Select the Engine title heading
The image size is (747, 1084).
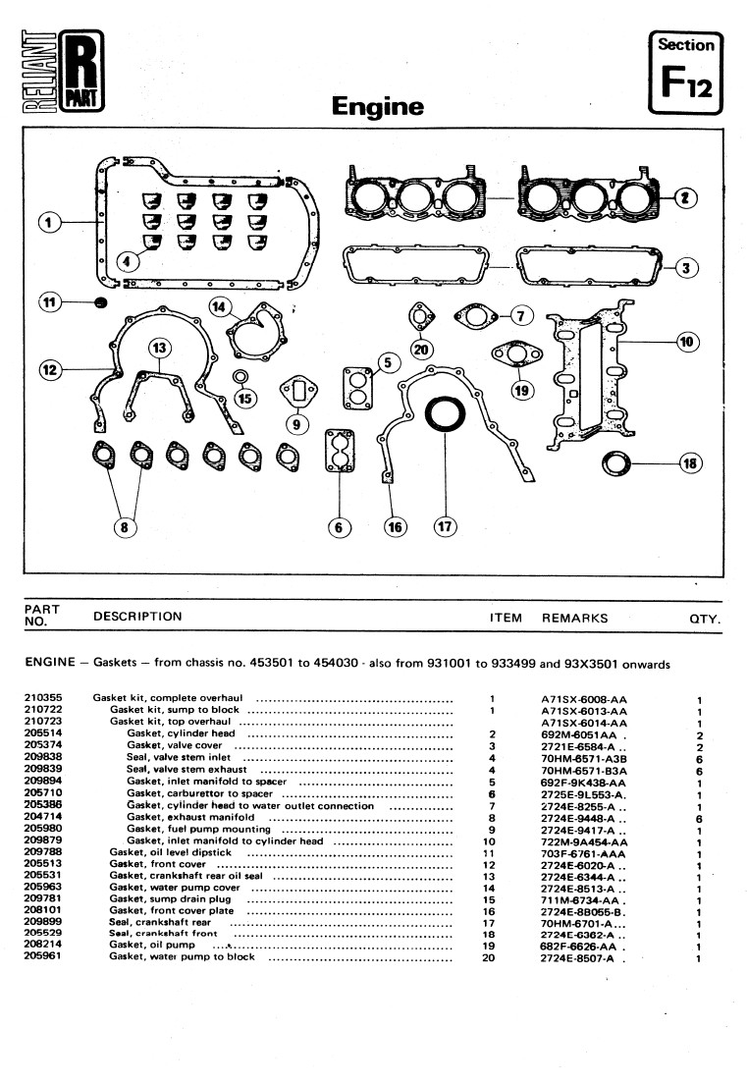[x=378, y=106]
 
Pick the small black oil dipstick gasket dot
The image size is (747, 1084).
[x=99, y=301]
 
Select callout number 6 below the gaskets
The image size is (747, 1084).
[x=340, y=527]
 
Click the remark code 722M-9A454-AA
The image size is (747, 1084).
[x=583, y=841]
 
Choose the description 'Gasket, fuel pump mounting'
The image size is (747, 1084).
[x=198, y=830]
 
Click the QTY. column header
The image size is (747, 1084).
[x=705, y=619]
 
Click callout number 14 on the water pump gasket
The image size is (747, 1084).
[x=218, y=305]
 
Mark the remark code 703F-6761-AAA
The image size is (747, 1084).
[x=584, y=854]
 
